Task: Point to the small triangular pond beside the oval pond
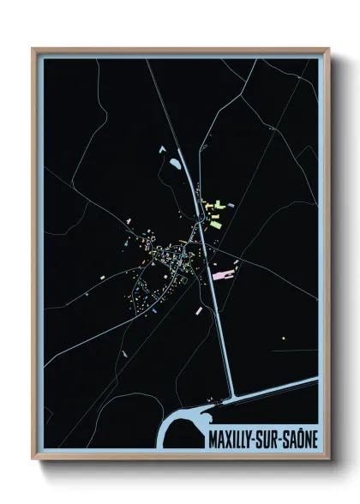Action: [x=160, y=149]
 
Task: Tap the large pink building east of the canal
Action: [x=222, y=275]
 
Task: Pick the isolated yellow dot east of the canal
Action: [x=283, y=338]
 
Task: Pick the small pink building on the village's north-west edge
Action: [x=129, y=221]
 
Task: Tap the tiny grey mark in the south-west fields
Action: [x=124, y=352]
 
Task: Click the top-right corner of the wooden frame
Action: [x=328, y=49]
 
